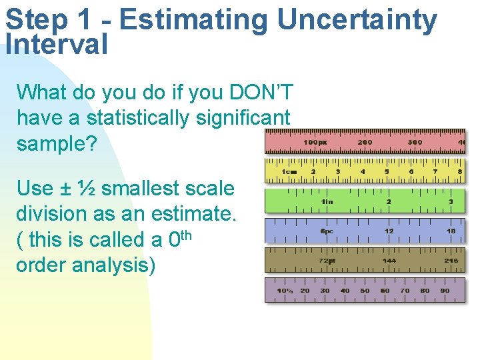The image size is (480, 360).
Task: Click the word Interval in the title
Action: point(56,45)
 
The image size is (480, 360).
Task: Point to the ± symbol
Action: point(66,188)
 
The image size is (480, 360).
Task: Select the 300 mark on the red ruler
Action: point(415,142)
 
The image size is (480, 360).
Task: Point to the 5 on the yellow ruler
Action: point(387,171)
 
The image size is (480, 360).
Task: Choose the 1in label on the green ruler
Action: point(327,201)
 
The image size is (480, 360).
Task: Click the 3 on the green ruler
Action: point(451,201)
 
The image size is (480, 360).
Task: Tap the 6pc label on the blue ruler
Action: point(327,231)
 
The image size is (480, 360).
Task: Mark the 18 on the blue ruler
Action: point(451,231)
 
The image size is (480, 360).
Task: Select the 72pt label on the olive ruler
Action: point(327,261)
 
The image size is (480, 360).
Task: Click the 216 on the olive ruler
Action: point(451,261)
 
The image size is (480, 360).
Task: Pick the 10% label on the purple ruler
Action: point(285,291)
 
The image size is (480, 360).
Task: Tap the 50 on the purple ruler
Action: point(365,291)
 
